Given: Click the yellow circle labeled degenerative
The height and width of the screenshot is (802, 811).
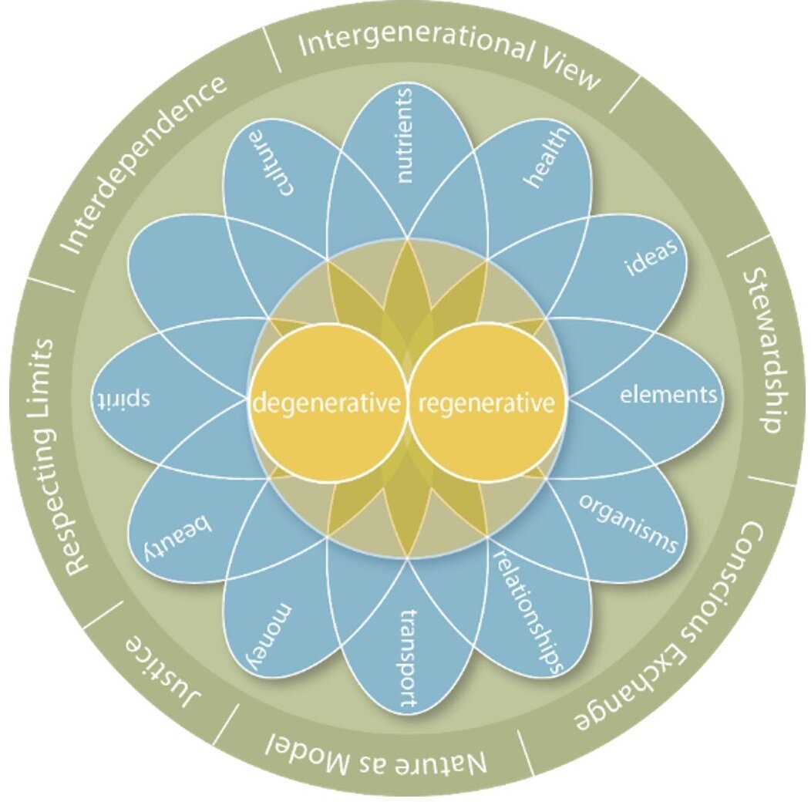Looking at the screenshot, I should pyautogui.click(x=329, y=403).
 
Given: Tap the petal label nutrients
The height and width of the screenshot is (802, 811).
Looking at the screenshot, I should pyautogui.click(x=405, y=136).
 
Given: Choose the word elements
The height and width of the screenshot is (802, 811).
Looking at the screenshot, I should pyautogui.click(x=668, y=396).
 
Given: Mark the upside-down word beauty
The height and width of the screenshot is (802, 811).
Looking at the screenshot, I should pyautogui.click(x=179, y=537).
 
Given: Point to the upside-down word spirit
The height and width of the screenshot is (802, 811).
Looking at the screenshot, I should pyautogui.click(x=122, y=400).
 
